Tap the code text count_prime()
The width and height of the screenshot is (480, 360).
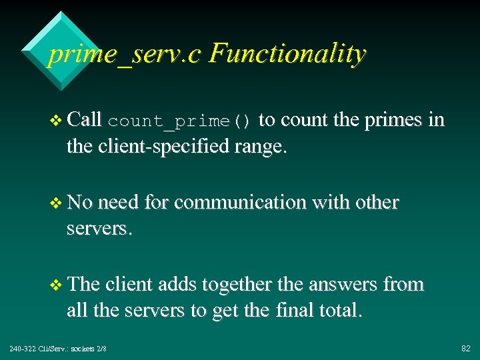(179, 121)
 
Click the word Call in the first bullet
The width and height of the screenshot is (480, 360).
(84, 120)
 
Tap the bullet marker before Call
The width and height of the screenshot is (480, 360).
(55, 121)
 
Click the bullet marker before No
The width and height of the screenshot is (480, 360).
(55, 203)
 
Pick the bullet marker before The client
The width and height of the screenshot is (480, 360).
(55, 285)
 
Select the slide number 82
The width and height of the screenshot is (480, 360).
(465, 349)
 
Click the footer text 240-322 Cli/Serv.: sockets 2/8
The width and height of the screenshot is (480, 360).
(58, 349)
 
